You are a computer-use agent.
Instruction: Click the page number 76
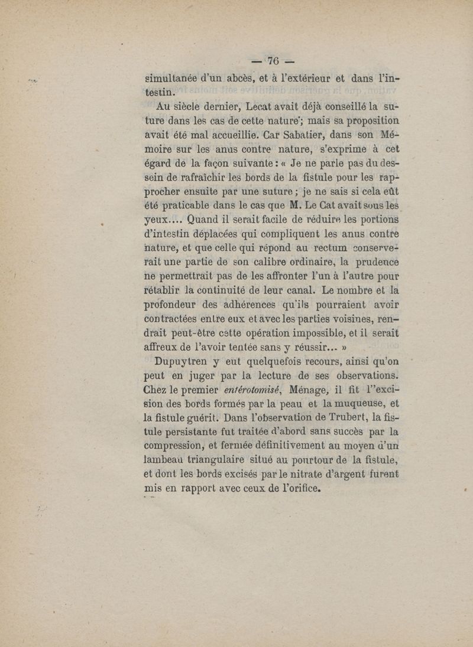(273, 61)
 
